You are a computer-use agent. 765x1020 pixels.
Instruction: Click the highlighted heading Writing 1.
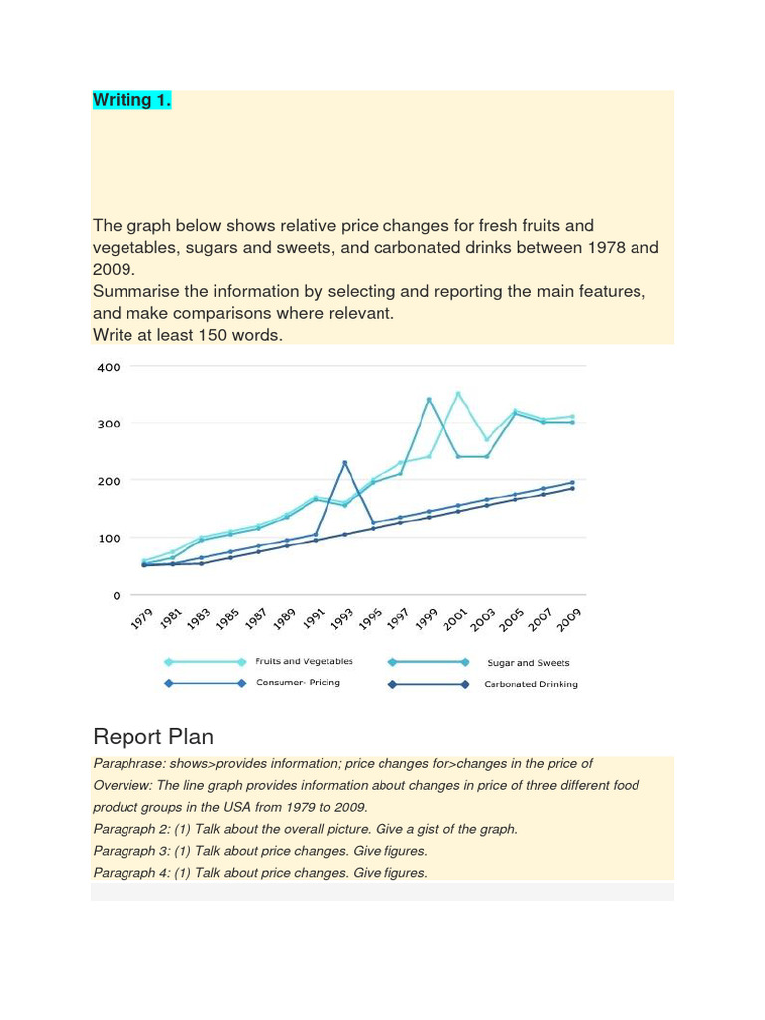pos(131,100)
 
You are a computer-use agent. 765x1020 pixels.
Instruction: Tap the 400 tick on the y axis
pos(109,367)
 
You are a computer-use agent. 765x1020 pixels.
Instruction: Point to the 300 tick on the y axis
pos(109,424)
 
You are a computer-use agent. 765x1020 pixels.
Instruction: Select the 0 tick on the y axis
pos(116,596)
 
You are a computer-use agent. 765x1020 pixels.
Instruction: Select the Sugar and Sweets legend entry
pos(528,662)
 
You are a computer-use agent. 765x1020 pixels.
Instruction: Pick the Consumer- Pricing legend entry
pos(298,683)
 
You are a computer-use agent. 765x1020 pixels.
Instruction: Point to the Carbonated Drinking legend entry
pos(530,684)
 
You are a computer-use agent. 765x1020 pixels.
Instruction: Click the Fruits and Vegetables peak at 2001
pos(458,394)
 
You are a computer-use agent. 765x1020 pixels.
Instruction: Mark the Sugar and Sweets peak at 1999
pos(429,400)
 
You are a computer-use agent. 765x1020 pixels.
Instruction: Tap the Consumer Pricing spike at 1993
pos(344,462)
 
